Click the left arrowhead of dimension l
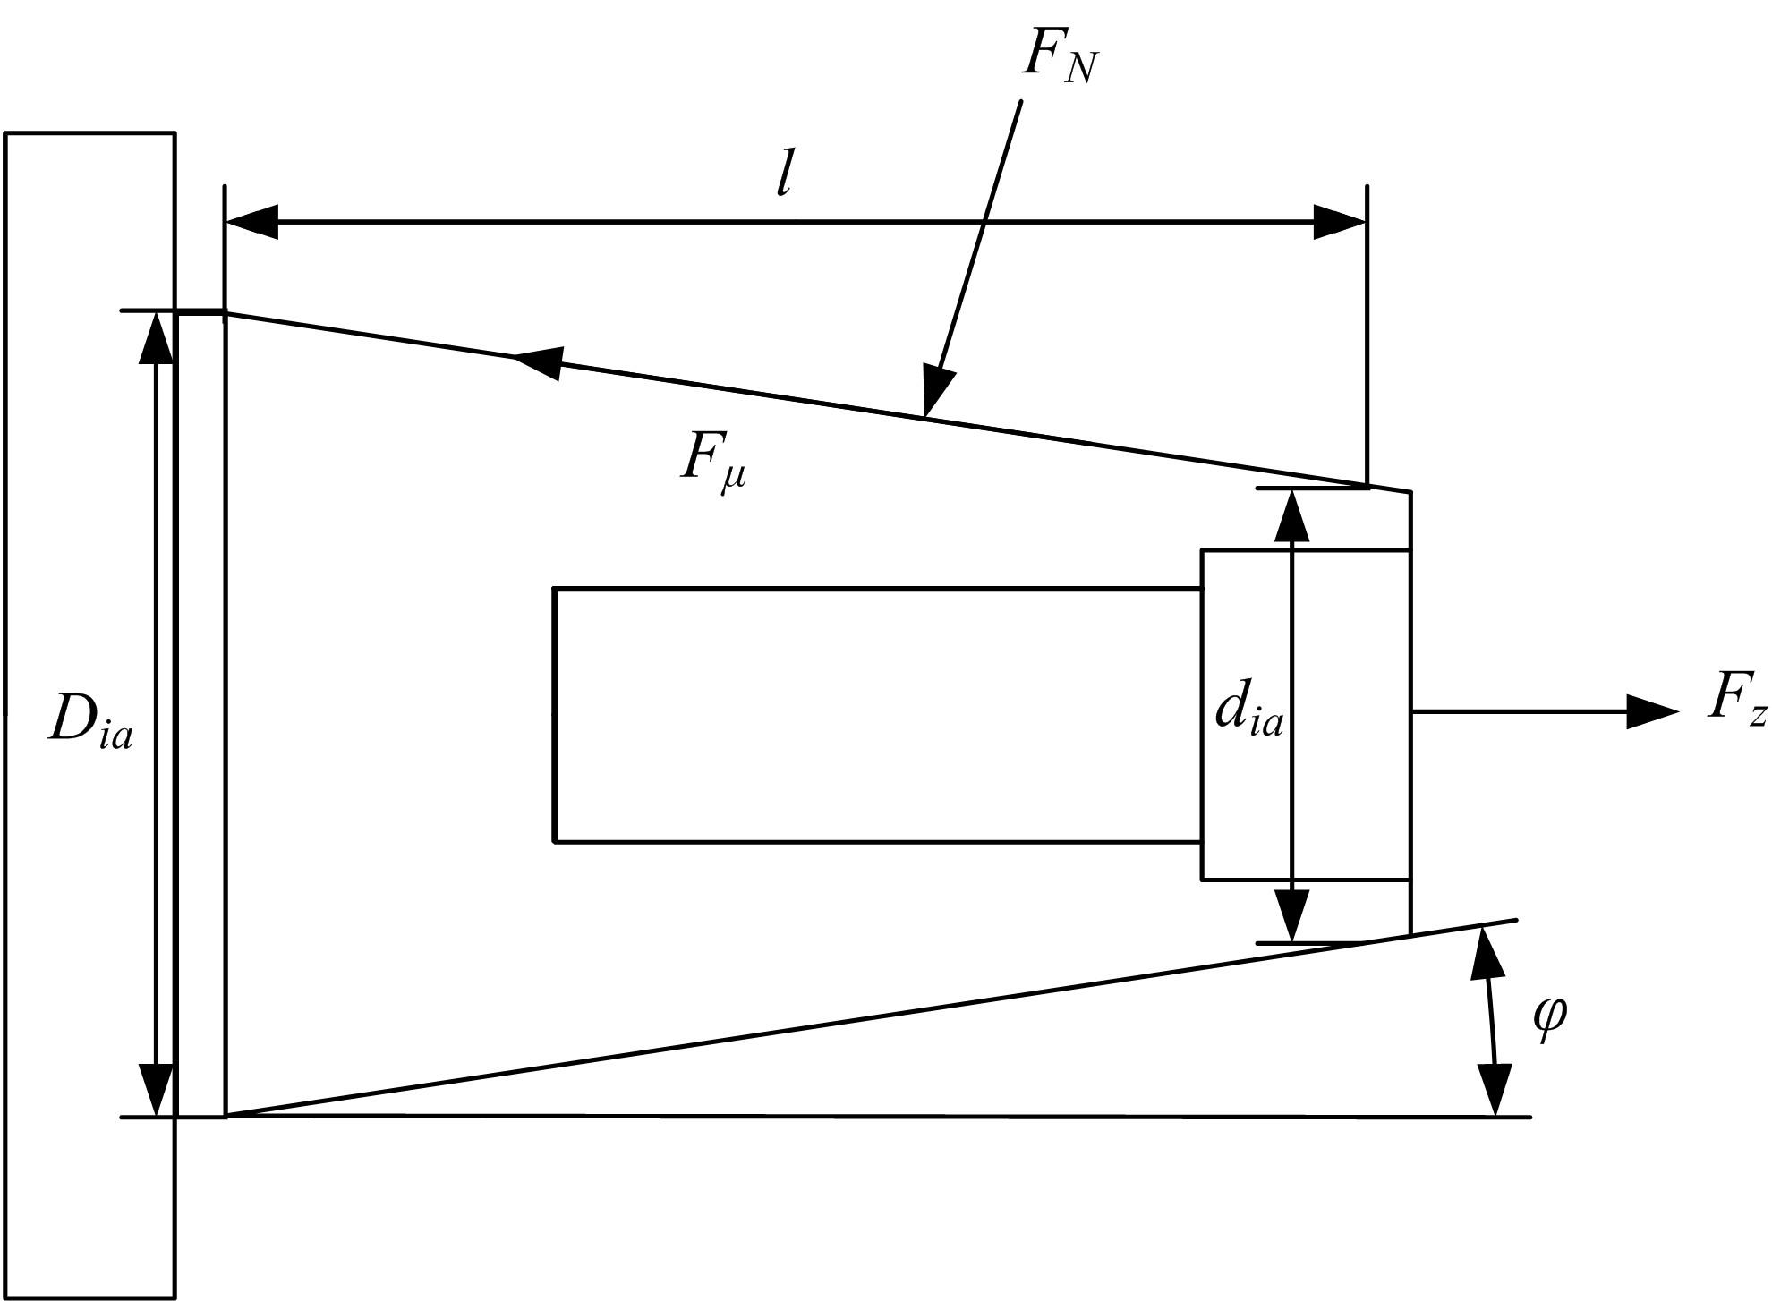point(251,222)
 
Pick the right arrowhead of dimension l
point(1340,222)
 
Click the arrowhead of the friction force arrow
point(537,361)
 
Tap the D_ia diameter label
point(89,720)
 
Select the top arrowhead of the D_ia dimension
point(157,337)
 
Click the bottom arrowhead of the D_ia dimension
point(157,1090)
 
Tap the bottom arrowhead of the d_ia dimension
point(1291,915)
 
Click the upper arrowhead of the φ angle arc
point(1486,956)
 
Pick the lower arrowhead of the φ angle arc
point(1495,1090)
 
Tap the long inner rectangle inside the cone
point(877,715)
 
